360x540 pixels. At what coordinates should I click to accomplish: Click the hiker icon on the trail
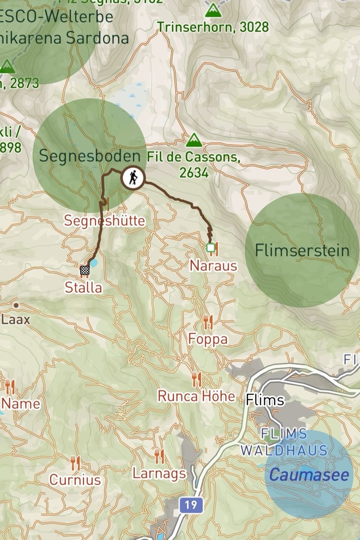coord(133,178)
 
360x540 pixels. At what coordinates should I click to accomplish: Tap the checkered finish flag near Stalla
coord(85,270)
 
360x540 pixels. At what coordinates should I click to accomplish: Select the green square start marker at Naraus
coord(211,248)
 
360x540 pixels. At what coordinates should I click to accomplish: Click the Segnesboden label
coord(89,156)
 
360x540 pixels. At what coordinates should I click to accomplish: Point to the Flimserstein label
coord(302,250)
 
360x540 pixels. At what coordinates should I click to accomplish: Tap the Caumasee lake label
coord(309,475)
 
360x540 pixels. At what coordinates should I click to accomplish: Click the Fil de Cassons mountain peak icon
coord(194,140)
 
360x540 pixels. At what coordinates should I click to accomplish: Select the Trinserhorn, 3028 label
coord(213,27)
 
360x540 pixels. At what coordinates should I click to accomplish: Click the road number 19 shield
coord(191,505)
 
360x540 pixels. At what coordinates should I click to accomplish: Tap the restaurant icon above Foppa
coord(208,322)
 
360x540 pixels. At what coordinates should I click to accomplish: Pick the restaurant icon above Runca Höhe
coord(197,378)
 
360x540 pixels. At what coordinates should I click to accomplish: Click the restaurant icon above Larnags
coord(159,456)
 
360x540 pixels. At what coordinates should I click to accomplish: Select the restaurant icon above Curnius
coord(75,463)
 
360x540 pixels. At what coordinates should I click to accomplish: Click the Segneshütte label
coord(104,220)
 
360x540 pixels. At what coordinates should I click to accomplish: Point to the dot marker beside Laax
coord(16,305)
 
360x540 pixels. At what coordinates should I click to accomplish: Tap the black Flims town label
coord(265,400)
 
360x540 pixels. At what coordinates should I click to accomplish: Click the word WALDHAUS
coord(284,450)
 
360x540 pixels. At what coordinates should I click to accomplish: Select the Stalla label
coord(83,287)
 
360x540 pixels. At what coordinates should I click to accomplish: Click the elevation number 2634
coord(194,172)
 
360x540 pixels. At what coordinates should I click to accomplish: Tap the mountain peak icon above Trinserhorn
coord(213,10)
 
